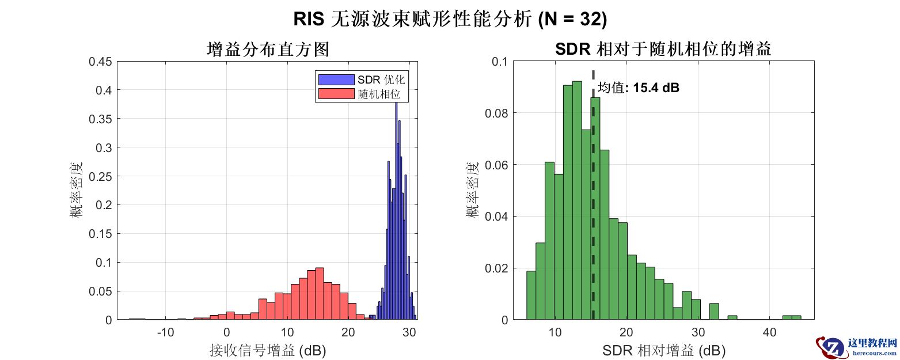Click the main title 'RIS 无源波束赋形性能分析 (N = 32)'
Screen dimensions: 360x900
(450, 20)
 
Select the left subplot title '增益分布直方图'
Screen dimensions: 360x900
(268, 50)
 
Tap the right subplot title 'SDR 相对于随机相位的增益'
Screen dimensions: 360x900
(663, 50)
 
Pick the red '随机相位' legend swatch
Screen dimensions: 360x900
(336, 94)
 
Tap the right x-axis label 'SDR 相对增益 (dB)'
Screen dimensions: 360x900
(663, 350)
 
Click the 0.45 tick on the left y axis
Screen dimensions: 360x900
(100, 62)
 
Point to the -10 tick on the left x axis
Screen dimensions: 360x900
(165, 333)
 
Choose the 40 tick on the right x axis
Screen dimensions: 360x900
(769, 333)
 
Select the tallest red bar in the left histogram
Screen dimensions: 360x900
(320, 294)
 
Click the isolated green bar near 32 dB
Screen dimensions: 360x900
(714, 312)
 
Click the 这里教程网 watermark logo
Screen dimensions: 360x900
(856, 346)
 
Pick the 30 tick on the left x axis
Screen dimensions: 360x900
(409, 333)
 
